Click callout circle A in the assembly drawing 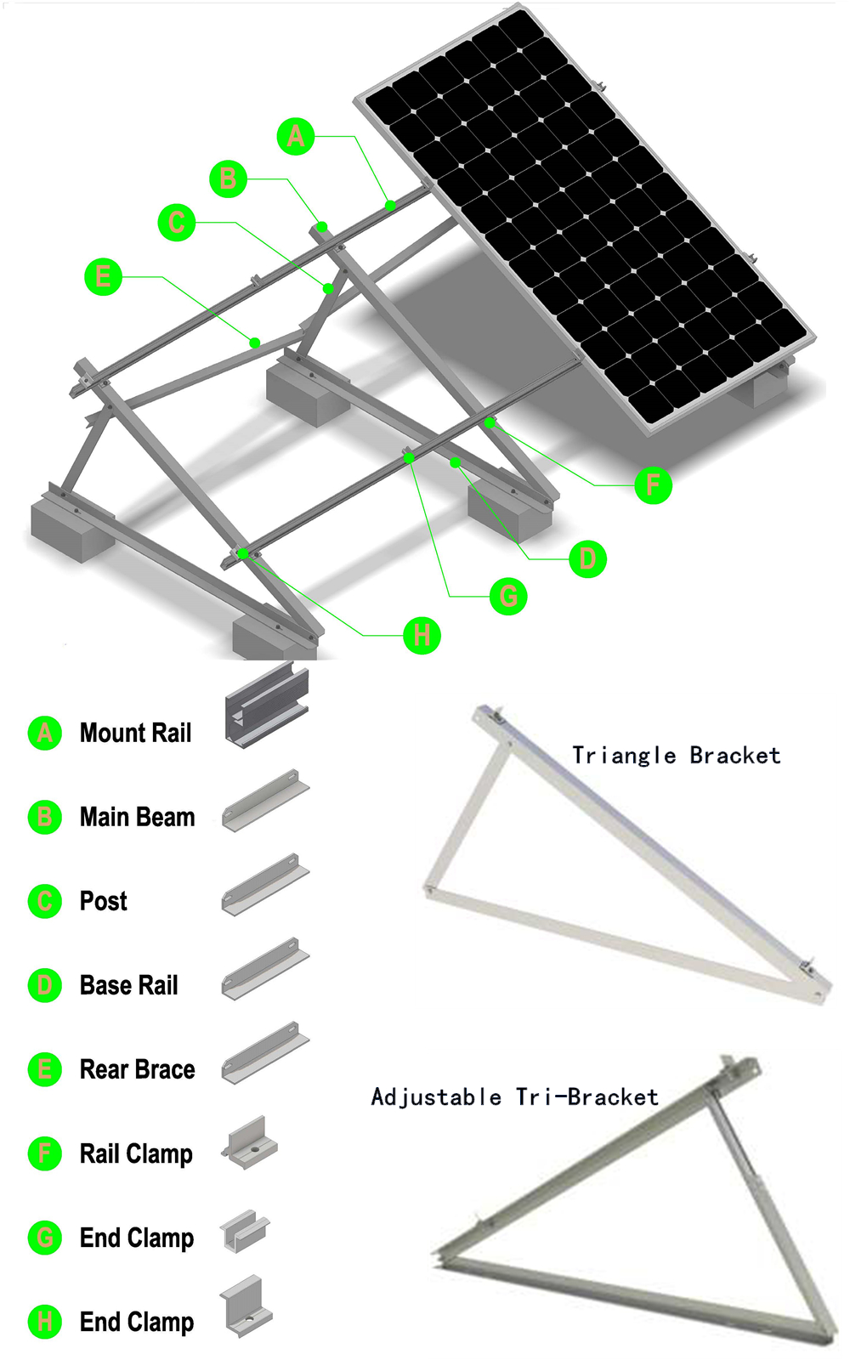click(x=296, y=136)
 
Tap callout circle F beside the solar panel click(x=653, y=485)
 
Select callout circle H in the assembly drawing click(x=422, y=635)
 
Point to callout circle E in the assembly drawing click(x=103, y=276)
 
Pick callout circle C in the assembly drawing click(x=177, y=223)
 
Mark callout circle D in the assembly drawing click(x=587, y=559)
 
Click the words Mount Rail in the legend click(x=135, y=733)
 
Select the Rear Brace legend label click(x=137, y=1069)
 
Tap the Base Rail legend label click(x=128, y=985)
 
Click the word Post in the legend click(x=103, y=901)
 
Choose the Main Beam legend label click(x=137, y=817)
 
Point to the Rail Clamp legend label click(x=136, y=1153)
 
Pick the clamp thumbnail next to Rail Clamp click(x=250, y=1143)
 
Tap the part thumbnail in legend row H click(x=246, y=1307)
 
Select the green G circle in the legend click(x=45, y=1238)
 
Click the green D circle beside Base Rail click(x=45, y=985)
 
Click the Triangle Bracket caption click(x=676, y=755)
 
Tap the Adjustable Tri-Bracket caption click(x=514, y=1096)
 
